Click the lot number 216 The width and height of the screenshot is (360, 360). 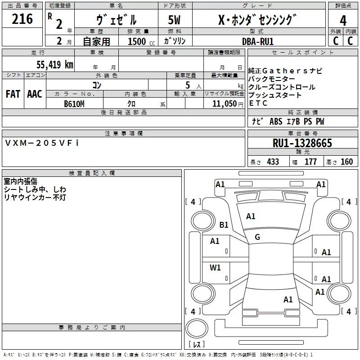[x=22, y=19]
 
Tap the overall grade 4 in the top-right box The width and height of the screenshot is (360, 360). [x=343, y=20]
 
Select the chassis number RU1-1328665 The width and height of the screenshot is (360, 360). [x=302, y=143]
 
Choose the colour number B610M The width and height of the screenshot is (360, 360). [x=74, y=103]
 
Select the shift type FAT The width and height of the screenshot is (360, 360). [x=13, y=94]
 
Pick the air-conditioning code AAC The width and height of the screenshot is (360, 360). [x=35, y=94]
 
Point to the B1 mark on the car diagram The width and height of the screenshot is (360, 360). [x=224, y=225]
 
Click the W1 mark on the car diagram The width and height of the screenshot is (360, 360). [x=216, y=268]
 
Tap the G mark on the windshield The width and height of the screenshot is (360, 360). [x=257, y=237]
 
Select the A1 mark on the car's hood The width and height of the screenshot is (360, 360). [x=251, y=216]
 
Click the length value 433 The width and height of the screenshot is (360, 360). [x=273, y=162]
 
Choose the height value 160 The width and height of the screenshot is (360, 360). [x=346, y=162]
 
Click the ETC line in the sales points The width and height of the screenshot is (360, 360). [x=258, y=103]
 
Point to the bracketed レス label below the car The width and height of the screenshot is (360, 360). [x=197, y=344]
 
